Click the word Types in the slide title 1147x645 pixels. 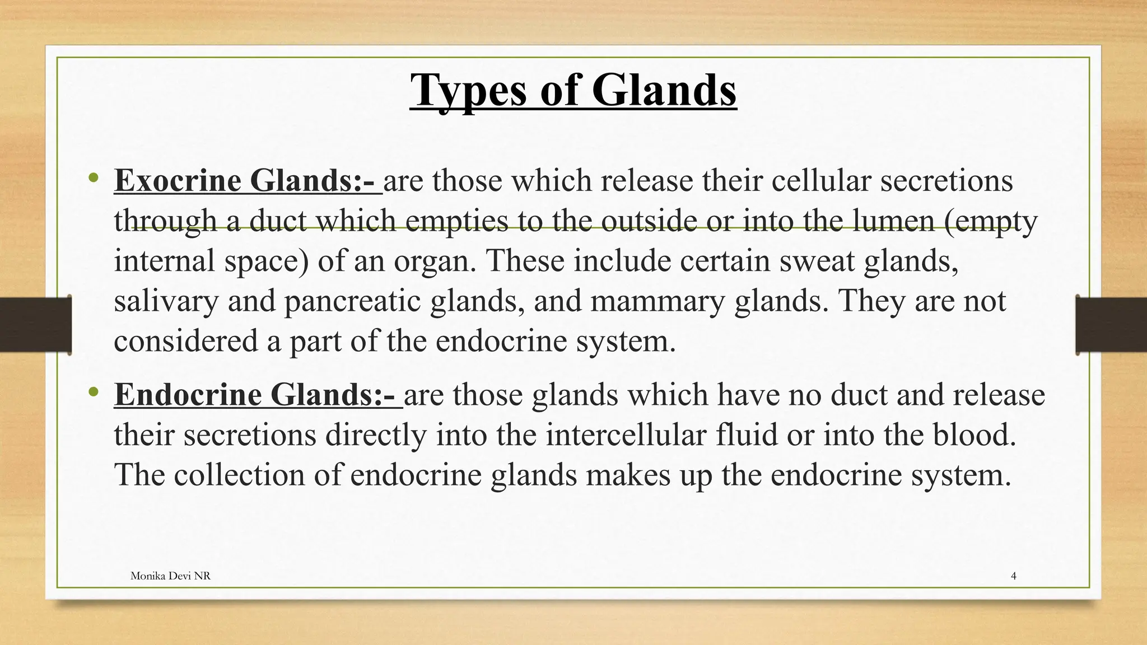click(468, 91)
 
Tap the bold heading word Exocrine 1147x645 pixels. click(178, 181)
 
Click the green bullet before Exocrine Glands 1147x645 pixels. click(93, 179)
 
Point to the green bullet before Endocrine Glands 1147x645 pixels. click(93, 392)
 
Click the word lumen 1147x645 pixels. click(893, 221)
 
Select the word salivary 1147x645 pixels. click(166, 301)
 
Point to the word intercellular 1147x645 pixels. click(626, 435)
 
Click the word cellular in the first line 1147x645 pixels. click(821, 181)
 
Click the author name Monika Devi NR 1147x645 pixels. click(170, 576)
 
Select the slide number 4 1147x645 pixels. click(1014, 576)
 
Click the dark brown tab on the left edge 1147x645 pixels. click(35, 325)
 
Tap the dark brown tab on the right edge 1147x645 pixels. click(1111, 325)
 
